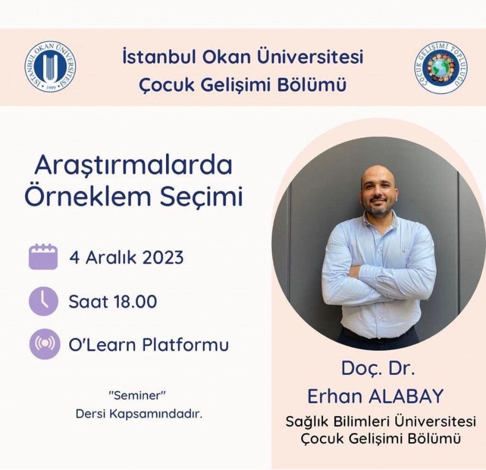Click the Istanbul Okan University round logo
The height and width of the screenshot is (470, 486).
[x=50, y=67]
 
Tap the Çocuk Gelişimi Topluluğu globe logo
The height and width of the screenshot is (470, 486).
[x=440, y=68]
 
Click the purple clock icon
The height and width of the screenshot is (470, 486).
[x=43, y=301]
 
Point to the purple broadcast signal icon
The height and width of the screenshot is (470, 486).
[x=44, y=344]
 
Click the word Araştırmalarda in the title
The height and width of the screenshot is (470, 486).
[x=133, y=166]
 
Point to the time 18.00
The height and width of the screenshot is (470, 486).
[x=135, y=301]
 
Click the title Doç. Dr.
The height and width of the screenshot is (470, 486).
[x=378, y=369]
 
